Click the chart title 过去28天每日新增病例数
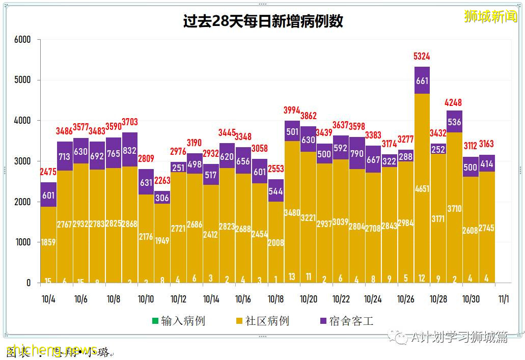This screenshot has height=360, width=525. click(263, 21)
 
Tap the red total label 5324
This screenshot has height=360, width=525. click(422, 57)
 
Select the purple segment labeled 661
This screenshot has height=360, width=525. click(422, 80)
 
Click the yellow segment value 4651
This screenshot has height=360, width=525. click(422, 189)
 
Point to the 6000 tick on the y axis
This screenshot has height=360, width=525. click(22, 40)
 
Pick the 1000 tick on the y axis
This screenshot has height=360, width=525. click(22, 242)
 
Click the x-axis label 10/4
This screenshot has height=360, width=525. click(48, 299)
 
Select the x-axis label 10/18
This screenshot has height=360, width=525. click(275, 299)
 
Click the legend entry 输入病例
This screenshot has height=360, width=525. click(178, 321)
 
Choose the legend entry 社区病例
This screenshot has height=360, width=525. click(262, 321)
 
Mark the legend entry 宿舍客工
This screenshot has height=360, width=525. click(346, 321)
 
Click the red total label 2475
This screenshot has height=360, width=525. click(48, 172)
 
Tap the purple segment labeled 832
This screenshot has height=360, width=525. click(129, 150)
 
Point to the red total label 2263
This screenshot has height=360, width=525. click(162, 181)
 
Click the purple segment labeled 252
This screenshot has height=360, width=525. click(438, 149)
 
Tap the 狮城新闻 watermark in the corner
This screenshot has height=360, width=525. click(490, 16)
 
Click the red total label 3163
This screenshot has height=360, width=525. click(486, 144)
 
